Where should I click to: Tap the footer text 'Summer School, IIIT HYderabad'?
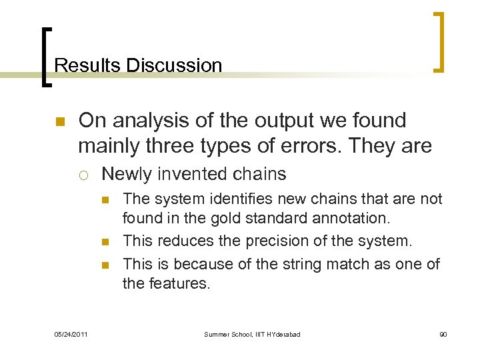tap(252, 334)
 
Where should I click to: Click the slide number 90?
tap(443, 334)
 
